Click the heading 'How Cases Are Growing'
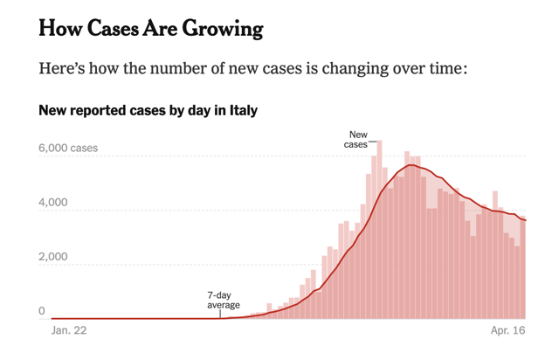coord(151,29)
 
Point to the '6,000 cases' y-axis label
coord(69,149)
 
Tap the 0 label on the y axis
coord(42,311)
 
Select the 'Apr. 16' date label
coord(507,332)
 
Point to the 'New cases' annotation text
coord(357,139)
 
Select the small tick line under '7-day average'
coord(219,314)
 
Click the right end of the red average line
coord(526,220)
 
